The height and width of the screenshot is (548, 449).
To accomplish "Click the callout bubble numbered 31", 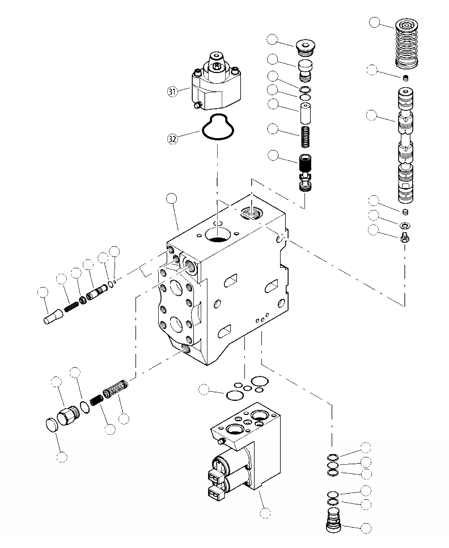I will tap(172, 91).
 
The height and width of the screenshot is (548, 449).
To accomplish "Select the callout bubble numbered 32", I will tap(172, 138).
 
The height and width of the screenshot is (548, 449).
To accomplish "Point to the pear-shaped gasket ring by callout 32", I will tap(219, 128).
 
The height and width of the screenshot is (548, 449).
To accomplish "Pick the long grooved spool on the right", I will tap(406, 144).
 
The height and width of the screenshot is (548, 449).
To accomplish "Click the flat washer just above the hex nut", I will tap(405, 226).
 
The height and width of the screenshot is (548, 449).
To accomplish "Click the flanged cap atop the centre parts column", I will tap(306, 45).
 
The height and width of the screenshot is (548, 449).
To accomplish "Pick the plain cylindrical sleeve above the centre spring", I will tap(305, 112).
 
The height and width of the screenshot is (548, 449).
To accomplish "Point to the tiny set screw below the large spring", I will tap(405, 78).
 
